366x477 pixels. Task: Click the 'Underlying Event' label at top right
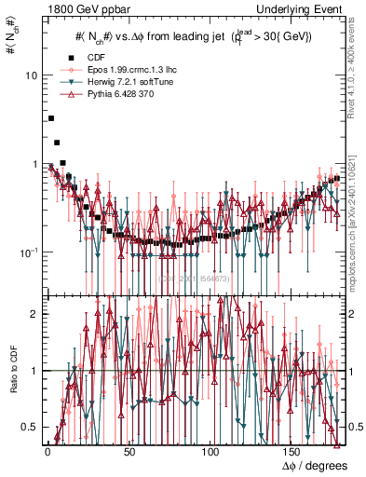pos(301,9)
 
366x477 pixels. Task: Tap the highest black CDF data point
pos(51,118)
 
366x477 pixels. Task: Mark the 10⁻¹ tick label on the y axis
pos(29,252)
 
